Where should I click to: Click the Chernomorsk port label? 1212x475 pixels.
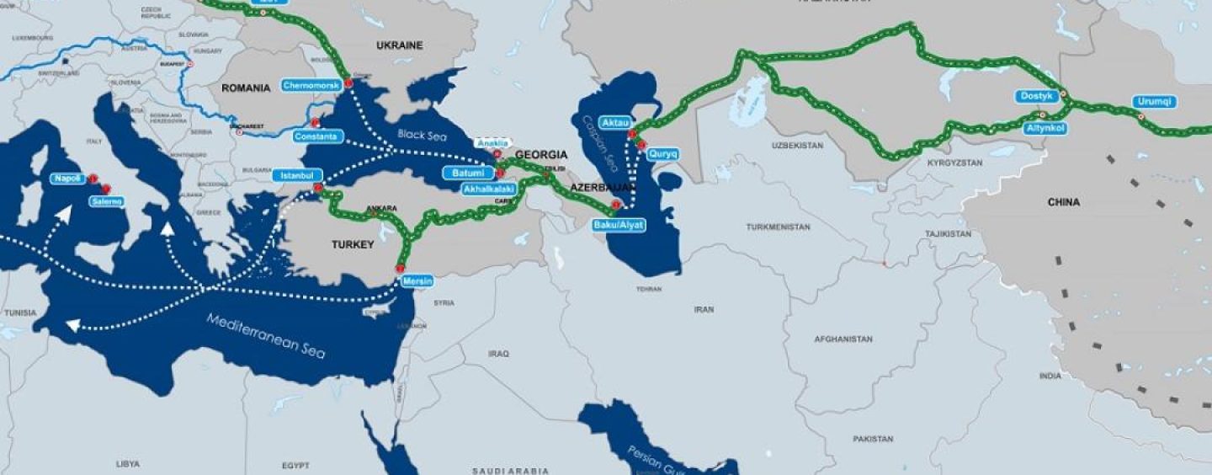[x=311, y=86]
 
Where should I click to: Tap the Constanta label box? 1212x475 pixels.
[x=316, y=136]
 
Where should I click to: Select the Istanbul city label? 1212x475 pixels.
[x=297, y=175]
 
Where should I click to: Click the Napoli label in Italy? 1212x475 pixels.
[x=66, y=179]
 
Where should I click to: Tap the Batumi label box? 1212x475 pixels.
[x=469, y=173]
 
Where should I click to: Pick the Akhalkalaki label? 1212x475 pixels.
[x=489, y=189]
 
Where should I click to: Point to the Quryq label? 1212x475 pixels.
[x=662, y=154]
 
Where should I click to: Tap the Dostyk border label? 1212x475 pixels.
[x=1036, y=96]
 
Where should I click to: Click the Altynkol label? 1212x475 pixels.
[x=1047, y=128]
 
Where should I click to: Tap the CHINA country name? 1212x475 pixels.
[x=1063, y=202]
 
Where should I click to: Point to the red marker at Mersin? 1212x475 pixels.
[x=400, y=269]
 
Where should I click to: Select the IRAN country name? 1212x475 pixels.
[x=704, y=310]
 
